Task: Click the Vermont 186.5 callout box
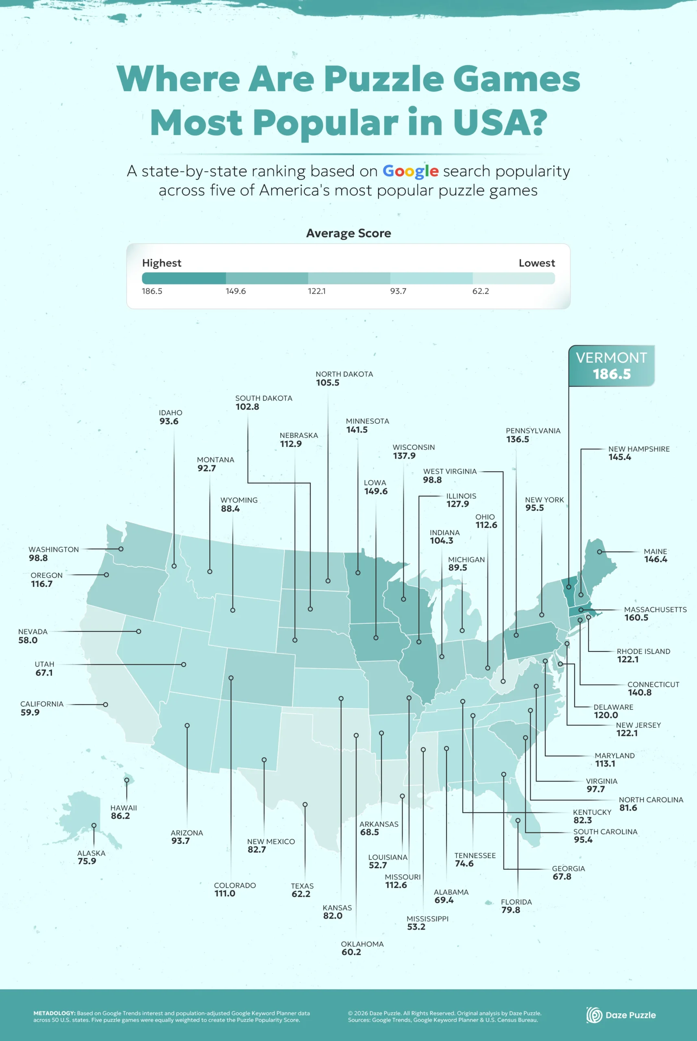click(611, 366)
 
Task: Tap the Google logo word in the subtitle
click(411, 172)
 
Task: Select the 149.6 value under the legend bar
click(235, 291)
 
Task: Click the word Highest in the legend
click(161, 263)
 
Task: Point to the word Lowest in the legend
click(536, 263)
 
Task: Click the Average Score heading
click(348, 233)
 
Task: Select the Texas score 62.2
click(301, 894)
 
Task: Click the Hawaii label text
click(124, 808)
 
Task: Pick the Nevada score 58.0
click(28, 640)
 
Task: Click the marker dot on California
click(105, 705)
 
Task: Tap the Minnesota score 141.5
click(357, 429)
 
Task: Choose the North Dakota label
click(344, 374)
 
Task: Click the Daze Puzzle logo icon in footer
click(594, 1015)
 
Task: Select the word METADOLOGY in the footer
click(54, 1013)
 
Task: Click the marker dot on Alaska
click(94, 825)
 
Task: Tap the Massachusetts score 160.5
click(636, 617)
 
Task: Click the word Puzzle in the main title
click(383, 79)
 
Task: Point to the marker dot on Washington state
click(121, 549)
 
